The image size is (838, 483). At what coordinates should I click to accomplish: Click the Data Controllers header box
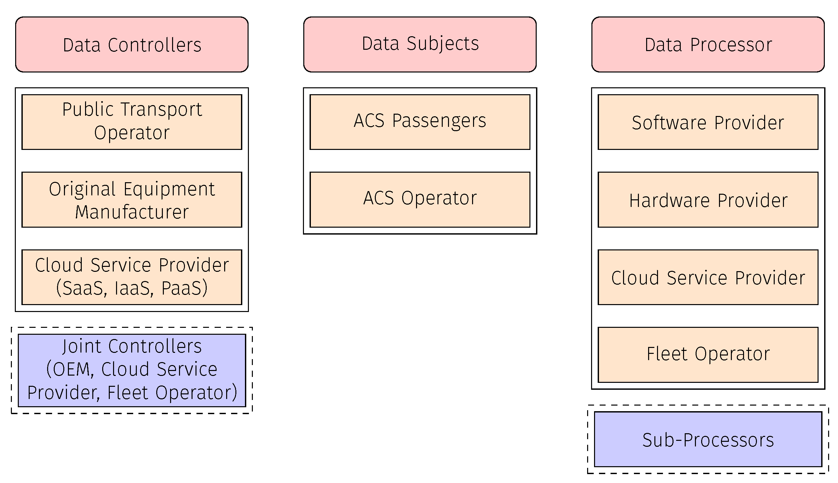(x=132, y=44)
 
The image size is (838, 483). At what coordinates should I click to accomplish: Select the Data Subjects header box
(x=420, y=44)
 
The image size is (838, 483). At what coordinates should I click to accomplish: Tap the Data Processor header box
(x=707, y=44)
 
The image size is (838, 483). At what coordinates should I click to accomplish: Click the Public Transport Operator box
(x=132, y=122)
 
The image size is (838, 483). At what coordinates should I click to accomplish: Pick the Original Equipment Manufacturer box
(x=132, y=199)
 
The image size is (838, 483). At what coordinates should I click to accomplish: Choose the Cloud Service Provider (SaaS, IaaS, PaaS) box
(x=132, y=277)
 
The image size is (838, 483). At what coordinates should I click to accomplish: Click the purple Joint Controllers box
(x=132, y=370)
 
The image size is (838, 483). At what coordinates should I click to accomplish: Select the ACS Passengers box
(x=420, y=122)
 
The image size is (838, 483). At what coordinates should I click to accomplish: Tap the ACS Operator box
(x=420, y=199)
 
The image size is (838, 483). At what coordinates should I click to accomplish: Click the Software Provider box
(x=707, y=122)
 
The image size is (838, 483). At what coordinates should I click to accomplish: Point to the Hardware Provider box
(x=707, y=199)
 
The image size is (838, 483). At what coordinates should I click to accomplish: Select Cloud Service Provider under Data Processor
(x=707, y=277)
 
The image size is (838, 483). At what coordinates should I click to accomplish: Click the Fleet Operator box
(x=707, y=354)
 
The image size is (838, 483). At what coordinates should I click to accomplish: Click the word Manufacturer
(x=132, y=212)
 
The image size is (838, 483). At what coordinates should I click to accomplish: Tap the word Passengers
(x=439, y=121)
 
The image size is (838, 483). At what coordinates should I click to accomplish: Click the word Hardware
(x=669, y=200)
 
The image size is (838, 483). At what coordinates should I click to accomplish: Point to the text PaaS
(x=185, y=288)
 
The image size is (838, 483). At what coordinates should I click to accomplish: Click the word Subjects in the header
(x=442, y=43)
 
